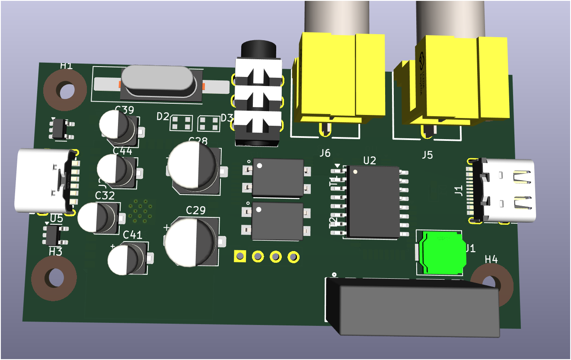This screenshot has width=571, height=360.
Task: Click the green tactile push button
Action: (442, 253)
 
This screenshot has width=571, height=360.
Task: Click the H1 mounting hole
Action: (65, 91)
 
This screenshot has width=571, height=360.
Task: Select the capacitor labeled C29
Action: (190, 242)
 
